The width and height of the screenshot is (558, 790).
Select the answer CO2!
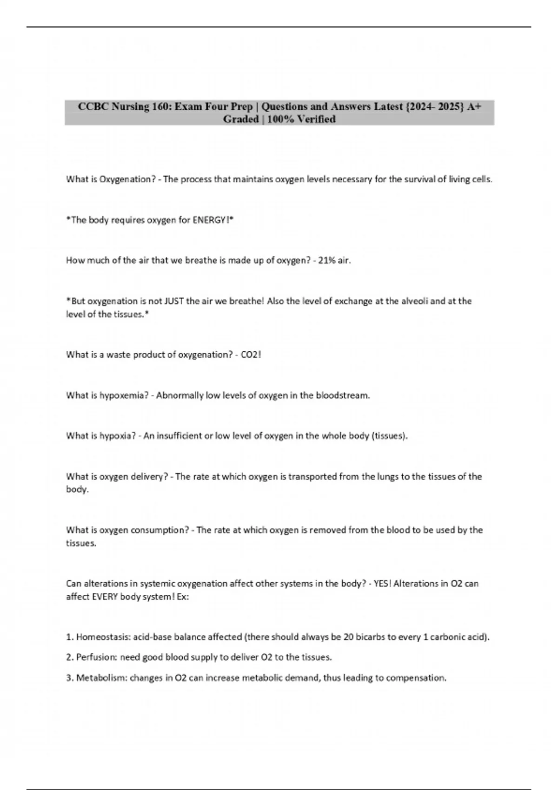pyautogui.click(x=251, y=355)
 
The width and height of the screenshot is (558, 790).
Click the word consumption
pyautogui.click(x=160, y=530)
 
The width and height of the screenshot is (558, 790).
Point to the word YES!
pyautogui.click(x=382, y=584)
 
